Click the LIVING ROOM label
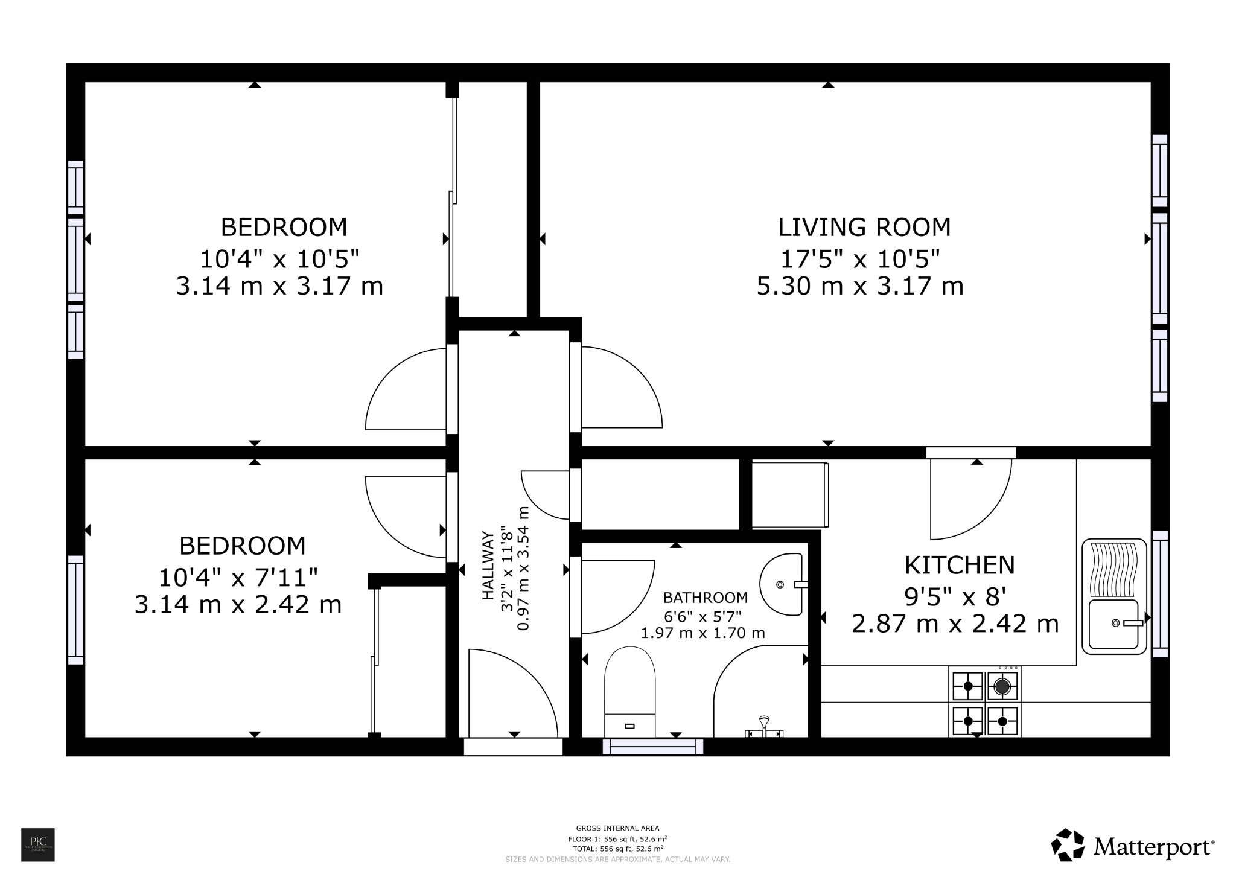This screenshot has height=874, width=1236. pos(864,228)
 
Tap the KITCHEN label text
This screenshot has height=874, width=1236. pos(959,565)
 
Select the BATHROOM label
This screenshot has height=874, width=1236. pos(705,598)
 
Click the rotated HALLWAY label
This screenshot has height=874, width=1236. pos(488,566)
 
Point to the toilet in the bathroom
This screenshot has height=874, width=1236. pos(629,688)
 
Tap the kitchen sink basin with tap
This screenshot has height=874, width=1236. pos(1114,624)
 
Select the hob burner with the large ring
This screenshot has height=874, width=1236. pos(1002,686)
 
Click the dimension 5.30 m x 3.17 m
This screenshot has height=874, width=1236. pos(859,285)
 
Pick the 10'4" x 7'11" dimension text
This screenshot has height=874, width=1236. pos(238,578)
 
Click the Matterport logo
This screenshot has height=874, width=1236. pos(1133,847)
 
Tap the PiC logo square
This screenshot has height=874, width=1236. pos(38,844)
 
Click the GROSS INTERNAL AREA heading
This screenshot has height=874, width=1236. pos(617,828)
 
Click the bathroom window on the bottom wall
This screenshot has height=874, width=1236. pos(653,747)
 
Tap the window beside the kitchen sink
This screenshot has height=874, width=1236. pos(1160,594)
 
